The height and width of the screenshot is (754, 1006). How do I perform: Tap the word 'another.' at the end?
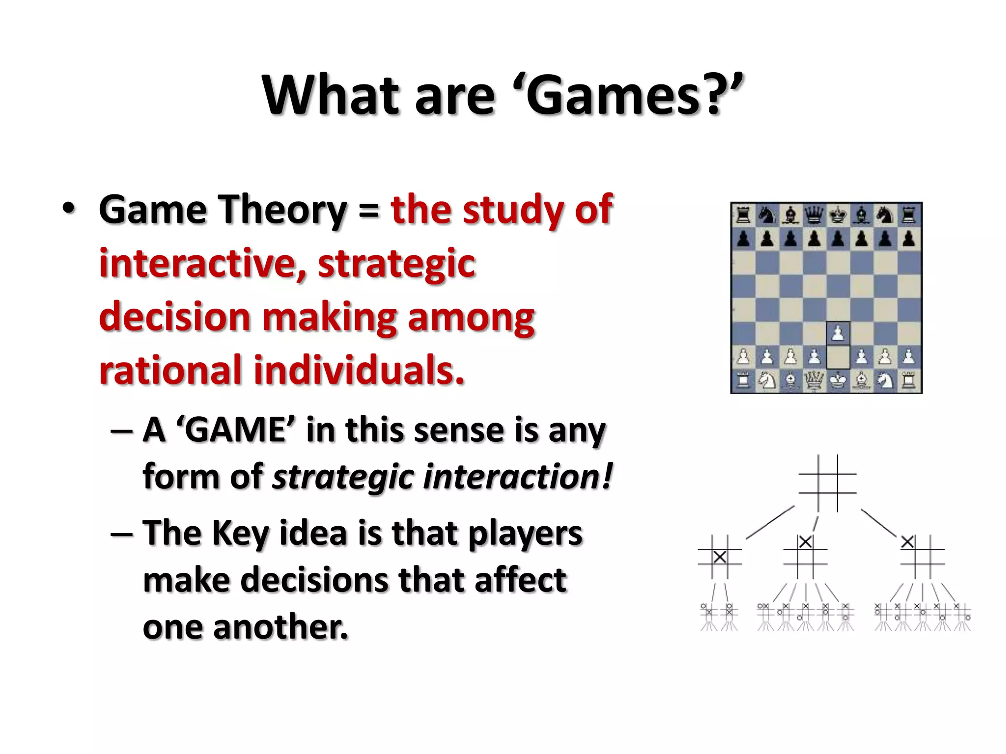click(x=280, y=627)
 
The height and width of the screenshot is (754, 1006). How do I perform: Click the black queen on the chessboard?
click(x=814, y=215)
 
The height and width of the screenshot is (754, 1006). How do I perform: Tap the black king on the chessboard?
click(x=838, y=215)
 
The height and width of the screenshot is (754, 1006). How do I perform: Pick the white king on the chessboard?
click(x=838, y=381)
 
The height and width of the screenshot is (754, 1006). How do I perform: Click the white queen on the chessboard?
click(x=814, y=381)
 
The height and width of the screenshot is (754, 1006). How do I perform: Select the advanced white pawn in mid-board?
click(x=838, y=334)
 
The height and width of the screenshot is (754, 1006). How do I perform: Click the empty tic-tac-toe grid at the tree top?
click(x=828, y=483)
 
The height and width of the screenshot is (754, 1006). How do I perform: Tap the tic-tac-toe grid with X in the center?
click(x=720, y=557)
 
